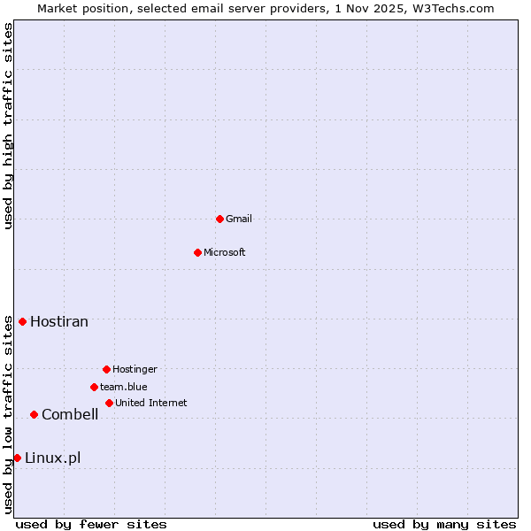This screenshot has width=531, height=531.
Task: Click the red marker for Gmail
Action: click(x=219, y=219)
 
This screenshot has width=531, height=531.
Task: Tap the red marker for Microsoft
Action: click(x=198, y=252)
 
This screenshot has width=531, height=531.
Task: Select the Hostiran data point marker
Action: click(x=22, y=321)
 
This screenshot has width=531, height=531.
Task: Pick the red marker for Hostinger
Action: click(x=106, y=369)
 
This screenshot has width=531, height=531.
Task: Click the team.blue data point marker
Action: click(x=94, y=387)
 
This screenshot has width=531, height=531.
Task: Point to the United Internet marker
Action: click(x=109, y=403)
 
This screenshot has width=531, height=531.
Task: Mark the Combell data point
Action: click(x=34, y=414)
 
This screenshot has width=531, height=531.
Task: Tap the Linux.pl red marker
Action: click(x=17, y=458)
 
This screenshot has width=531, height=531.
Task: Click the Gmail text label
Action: click(x=239, y=219)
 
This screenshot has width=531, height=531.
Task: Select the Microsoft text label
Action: click(x=225, y=252)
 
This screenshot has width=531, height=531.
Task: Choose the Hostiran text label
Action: click(x=59, y=321)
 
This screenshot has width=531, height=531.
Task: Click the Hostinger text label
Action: click(x=135, y=369)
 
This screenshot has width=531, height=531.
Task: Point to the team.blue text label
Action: click(x=124, y=387)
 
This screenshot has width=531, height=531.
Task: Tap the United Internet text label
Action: click(x=151, y=403)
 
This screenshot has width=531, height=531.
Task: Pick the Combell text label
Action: click(x=70, y=414)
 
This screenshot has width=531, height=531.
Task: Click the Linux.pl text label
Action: click(x=53, y=458)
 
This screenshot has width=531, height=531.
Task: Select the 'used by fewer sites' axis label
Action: click(x=91, y=524)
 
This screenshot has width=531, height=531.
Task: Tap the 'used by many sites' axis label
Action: click(x=444, y=524)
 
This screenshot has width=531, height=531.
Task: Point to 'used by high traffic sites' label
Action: click(x=8, y=126)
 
